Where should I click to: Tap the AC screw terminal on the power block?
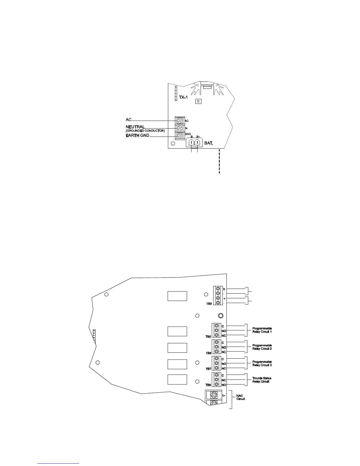tap(179, 121)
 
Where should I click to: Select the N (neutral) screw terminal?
tap(179, 128)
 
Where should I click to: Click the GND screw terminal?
tap(179, 136)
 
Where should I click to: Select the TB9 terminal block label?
tap(208, 303)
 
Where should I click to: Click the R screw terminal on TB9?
tap(218, 289)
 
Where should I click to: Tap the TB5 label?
tap(208, 336)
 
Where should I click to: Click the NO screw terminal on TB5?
tap(217, 331)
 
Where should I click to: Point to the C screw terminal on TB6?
tap(217, 342)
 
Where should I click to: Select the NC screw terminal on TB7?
tap(217, 368)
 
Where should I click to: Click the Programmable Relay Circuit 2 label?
tap(262, 347)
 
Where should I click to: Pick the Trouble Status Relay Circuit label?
tap(262, 380)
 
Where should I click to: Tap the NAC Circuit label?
tap(241, 397)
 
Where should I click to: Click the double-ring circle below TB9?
tap(220, 316)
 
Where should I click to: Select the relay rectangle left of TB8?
tap(177, 379)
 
